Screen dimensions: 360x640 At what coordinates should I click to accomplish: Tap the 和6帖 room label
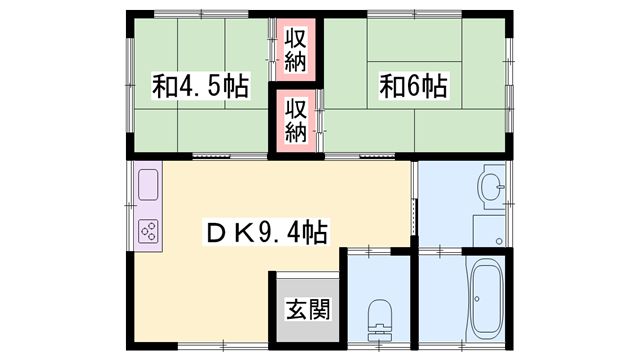point(412,86)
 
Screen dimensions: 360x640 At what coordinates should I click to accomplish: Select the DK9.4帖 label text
point(265,232)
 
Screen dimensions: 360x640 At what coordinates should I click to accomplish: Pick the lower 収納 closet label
point(295,118)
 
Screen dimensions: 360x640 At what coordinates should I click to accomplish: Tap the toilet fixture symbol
point(380,318)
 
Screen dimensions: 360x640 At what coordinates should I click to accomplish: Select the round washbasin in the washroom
point(491,186)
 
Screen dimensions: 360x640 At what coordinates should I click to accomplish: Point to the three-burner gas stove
point(149,231)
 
